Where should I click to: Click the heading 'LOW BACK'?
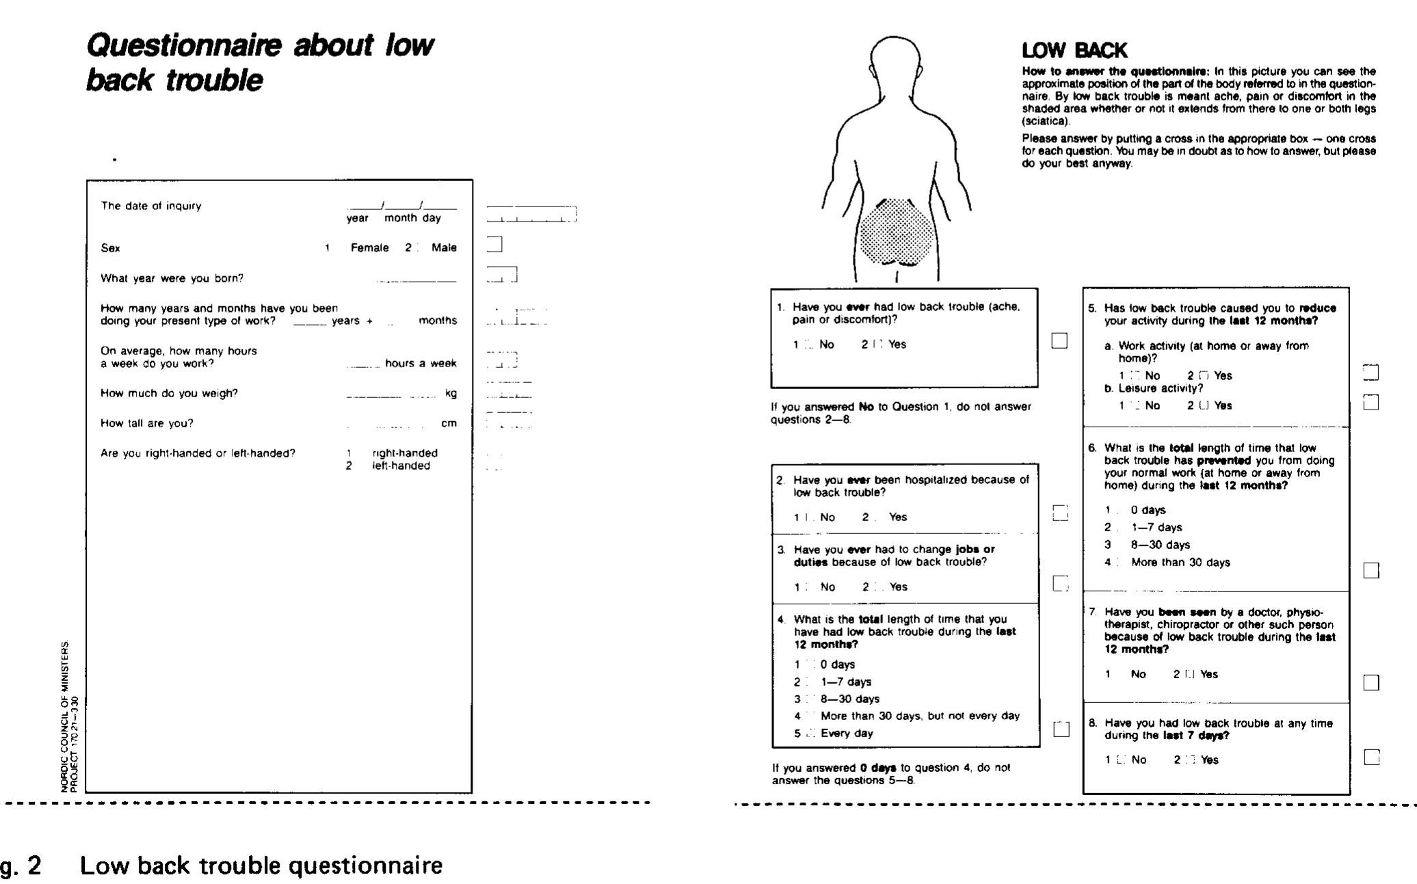point(1074,51)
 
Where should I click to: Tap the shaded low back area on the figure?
point(895,233)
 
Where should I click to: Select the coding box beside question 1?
point(1059,340)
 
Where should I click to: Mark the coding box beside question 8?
point(1371,758)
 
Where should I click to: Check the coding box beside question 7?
point(1371,682)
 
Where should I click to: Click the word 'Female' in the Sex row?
point(369,247)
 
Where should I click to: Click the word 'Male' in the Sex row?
point(444,247)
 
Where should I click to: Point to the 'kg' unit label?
point(451,393)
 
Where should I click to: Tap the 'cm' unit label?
point(449,423)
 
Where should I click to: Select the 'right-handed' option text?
point(405,453)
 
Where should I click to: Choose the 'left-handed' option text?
point(401,466)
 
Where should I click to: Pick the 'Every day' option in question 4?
point(847,733)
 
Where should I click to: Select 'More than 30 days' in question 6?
point(1180,562)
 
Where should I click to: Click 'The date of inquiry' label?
point(151,206)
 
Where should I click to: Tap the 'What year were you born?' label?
point(172,278)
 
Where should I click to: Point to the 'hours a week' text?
point(421,363)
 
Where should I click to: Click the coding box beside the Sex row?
point(494,244)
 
